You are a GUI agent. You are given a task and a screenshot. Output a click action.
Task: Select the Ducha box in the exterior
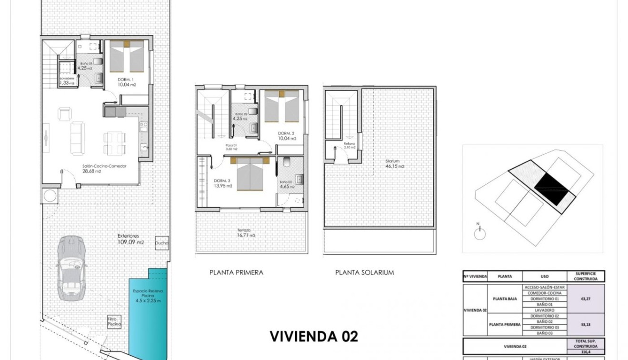click(x=162, y=242)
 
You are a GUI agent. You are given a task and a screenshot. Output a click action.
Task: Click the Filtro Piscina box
click(x=114, y=321)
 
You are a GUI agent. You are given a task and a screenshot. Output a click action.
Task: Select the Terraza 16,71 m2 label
click(x=246, y=232)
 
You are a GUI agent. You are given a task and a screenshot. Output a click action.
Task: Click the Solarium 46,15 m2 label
click(x=394, y=164)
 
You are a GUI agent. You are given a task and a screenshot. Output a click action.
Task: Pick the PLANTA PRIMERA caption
click(x=236, y=273)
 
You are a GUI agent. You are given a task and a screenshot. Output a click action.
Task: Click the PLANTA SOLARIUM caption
click(x=364, y=273)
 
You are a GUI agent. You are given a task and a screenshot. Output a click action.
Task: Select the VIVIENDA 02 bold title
click(x=313, y=336)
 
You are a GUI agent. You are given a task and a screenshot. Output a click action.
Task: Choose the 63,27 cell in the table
click(x=586, y=300)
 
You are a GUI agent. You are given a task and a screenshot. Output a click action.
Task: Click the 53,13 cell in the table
click(x=586, y=325)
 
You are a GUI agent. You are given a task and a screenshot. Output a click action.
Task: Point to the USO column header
click(x=545, y=276)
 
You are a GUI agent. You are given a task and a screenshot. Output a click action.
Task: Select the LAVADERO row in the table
click(x=545, y=310)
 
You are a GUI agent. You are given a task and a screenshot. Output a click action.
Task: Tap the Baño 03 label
click(x=285, y=182)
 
